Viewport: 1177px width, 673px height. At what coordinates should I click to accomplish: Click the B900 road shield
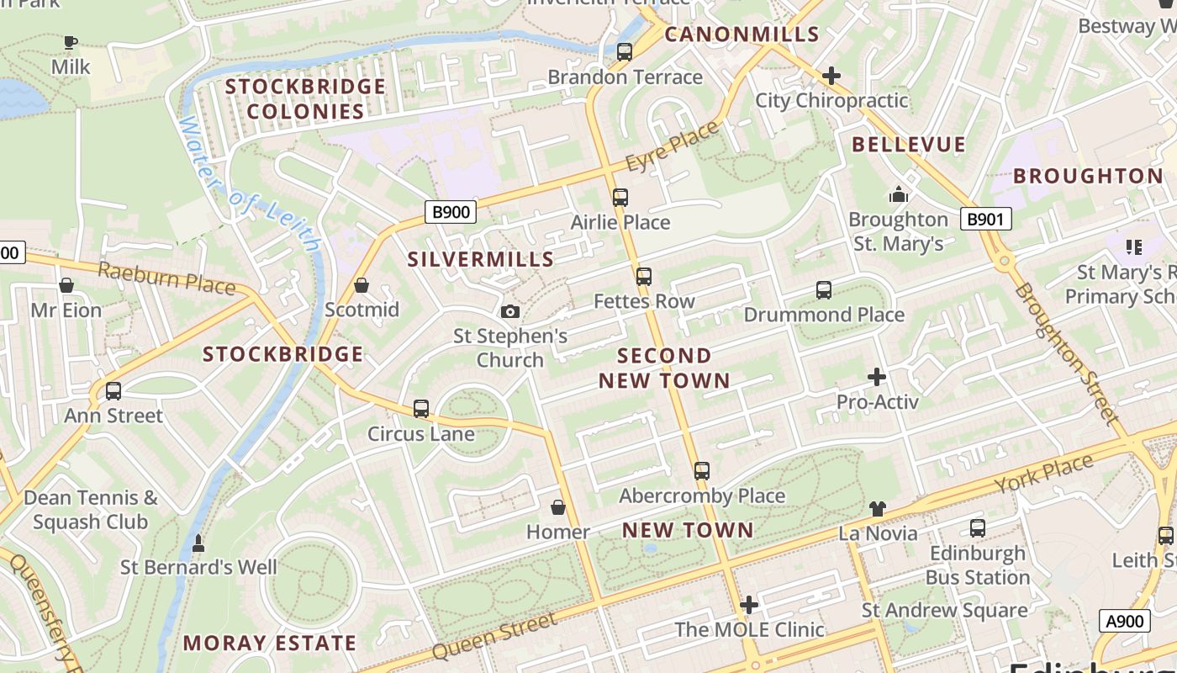(x=450, y=212)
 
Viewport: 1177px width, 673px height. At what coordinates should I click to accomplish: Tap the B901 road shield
(x=985, y=220)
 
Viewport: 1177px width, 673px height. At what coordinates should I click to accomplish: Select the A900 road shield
(x=1124, y=622)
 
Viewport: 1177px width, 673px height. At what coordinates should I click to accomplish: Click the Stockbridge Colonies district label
(x=305, y=99)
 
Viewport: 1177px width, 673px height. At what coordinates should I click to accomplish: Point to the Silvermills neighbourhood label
(x=481, y=259)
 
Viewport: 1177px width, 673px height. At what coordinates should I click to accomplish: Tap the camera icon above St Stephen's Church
(x=509, y=312)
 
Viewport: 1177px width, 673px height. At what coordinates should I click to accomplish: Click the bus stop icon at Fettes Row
(x=644, y=277)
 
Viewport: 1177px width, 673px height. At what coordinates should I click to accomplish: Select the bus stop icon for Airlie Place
(x=620, y=198)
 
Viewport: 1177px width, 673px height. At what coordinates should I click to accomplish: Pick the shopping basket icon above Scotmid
(x=362, y=286)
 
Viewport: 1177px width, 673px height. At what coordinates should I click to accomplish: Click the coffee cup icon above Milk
(x=71, y=42)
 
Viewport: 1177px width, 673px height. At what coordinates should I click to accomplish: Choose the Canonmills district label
(x=742, y=34)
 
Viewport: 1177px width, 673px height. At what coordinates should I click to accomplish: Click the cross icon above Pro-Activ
(x=877, y=377)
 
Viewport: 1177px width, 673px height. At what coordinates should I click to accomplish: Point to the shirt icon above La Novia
(x=878, y=508)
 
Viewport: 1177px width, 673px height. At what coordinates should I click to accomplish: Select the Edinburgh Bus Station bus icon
(x=977, y=528)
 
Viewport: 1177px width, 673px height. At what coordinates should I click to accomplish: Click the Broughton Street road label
(x=1066, y=353)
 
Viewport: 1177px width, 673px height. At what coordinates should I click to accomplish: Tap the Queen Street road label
(x=493, y=637)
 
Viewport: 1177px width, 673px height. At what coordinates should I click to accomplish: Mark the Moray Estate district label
(x=270, y=644)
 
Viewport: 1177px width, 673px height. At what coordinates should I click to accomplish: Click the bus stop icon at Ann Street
(x=113, y=391)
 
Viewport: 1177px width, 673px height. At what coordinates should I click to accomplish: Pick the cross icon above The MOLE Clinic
(x=749, y=604)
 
